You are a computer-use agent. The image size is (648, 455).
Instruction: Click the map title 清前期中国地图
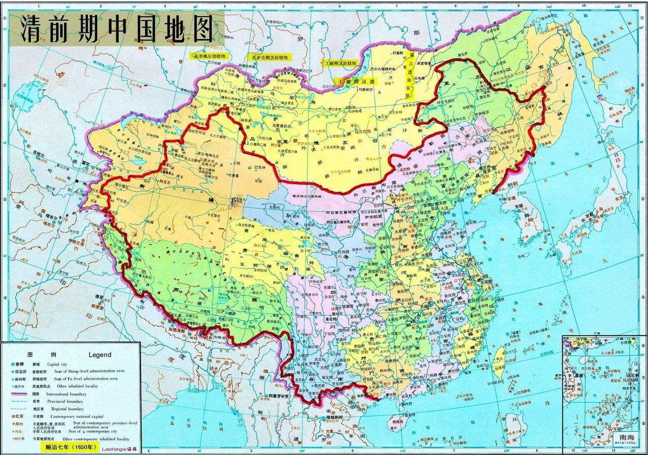(117, 29)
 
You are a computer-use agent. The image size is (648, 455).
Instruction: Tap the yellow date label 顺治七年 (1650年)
(68, 447)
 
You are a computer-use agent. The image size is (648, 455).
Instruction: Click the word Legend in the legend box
(99, 355)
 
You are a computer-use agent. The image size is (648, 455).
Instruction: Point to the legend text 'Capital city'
(57, 364)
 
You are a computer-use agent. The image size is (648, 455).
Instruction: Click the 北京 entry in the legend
(19, 416)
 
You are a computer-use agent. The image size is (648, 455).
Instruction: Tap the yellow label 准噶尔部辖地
(210, 55)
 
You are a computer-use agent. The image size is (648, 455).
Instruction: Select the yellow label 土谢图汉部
(356, 81)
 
